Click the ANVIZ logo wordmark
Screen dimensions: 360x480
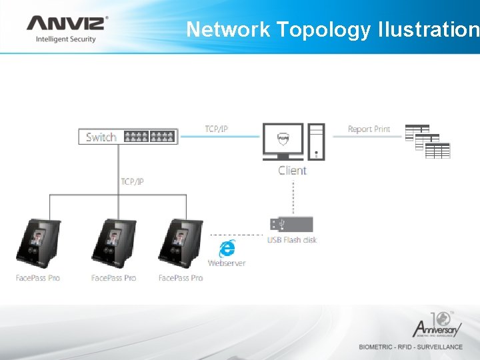[x=65, y=23]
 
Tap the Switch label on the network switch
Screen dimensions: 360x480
[x=101, y=137]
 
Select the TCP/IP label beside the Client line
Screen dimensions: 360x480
[x=216, y=129]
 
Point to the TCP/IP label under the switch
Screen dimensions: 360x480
[x=132, y=181]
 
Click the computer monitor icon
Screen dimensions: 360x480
[x=283, y=141]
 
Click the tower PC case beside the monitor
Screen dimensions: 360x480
[x=317, y=141]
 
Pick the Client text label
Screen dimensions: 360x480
[x=293, y=171]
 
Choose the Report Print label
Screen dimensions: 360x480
[x=369, y=129]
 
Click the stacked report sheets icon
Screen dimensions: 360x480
[x=427, y=141]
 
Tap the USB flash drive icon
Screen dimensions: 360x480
[x=291, y=224]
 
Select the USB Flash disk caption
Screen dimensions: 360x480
[x=291, y=240]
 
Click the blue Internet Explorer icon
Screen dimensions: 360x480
[x=227, y=249]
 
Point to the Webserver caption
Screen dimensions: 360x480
[x=227, y=263]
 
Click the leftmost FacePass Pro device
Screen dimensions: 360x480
[x=38, y=243]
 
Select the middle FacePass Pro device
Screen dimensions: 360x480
[x=113, y=243]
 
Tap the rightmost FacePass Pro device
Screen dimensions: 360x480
[x=180, y=243]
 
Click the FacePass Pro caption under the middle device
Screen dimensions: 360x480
[x=113, y=278]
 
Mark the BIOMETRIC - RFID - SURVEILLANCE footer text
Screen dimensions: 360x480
[x=411, y=347]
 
